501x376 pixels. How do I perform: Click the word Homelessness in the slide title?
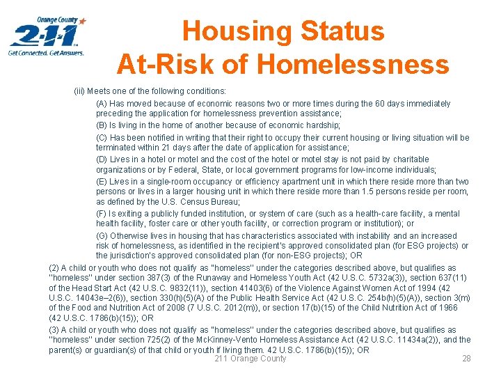point(354,64)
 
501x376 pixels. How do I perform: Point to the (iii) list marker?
point(82,91)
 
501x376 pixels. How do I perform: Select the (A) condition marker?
point(102,104)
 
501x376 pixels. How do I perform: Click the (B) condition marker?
point(102,125)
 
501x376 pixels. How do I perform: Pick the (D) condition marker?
point(102,159)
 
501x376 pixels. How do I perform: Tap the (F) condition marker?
point(102,214)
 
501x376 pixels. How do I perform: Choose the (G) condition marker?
point(102,235)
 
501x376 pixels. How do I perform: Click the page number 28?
point(466,359)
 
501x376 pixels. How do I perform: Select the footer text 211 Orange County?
point(250,359)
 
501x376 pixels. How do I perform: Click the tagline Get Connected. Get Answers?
point(46,52)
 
